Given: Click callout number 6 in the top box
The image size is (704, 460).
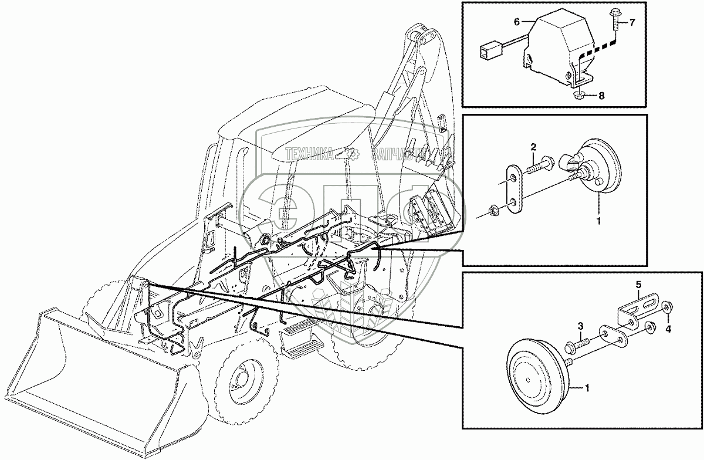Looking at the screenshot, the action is pos(517,22).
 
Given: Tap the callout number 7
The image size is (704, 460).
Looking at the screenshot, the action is pos(632,23).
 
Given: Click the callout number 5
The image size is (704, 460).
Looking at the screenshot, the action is pos(638,285).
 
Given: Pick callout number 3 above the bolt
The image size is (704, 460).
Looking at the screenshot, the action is pos(580,325).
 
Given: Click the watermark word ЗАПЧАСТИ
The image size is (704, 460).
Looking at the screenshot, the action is pos(399,154).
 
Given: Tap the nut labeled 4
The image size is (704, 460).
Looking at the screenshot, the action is pos(668,309).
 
